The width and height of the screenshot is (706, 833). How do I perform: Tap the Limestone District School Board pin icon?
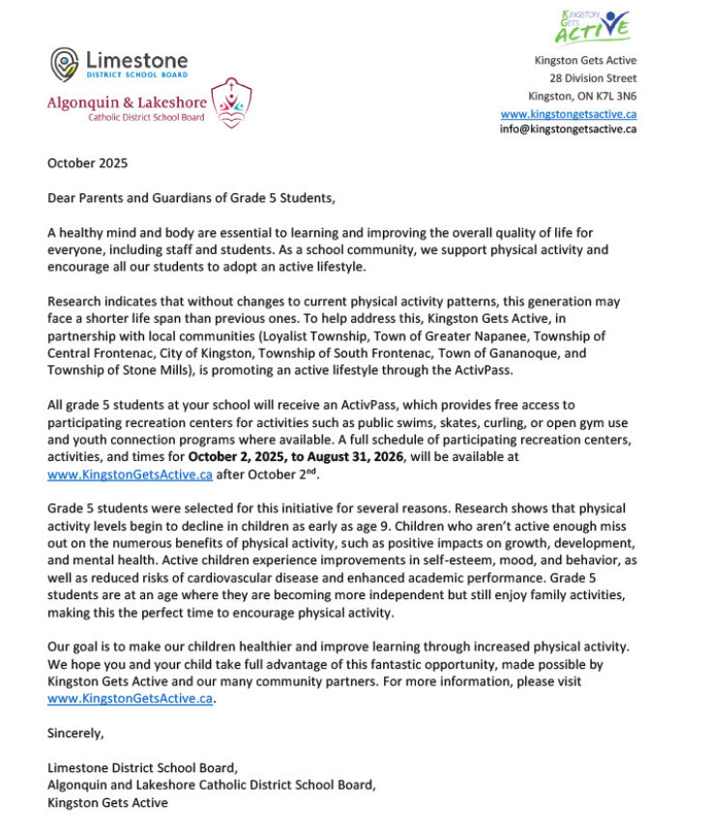click(x=64, y=63)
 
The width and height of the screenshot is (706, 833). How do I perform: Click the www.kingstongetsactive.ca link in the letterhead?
click(x=568, y=113)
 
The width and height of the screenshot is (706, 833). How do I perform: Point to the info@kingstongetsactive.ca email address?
click(x=568, y=129)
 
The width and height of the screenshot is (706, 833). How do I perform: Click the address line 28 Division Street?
click(x=593, y=78)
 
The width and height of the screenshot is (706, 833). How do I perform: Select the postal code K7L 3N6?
click(x=613, y=96)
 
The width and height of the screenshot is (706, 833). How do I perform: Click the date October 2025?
click(x=87, y=163)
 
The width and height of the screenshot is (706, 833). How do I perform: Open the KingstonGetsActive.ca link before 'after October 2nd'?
click(x=130, y=474)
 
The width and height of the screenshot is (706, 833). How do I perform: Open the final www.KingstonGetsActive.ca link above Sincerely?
click(x=130, y=699)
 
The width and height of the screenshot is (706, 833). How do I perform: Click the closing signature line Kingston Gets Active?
click(x=107, y=803)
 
